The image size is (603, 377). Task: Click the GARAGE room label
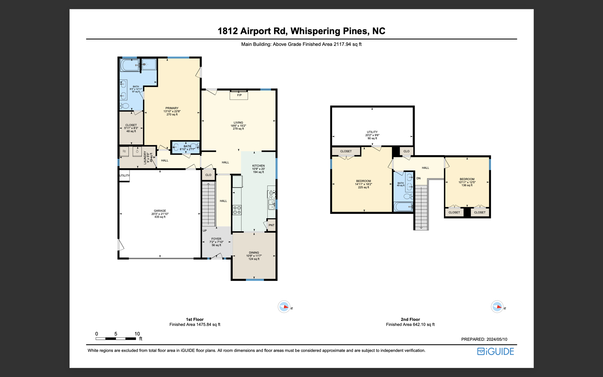click(x=160, y=211)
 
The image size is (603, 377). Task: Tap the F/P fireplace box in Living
click(x=239, y=95)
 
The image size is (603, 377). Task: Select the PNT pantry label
click(x=271, y=225)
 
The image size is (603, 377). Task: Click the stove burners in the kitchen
click(x=237, y=210)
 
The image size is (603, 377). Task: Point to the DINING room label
click(x=254, y=253)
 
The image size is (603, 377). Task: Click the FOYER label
click(x=216, y=239)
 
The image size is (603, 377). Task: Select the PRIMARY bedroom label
click(x=172, y=108)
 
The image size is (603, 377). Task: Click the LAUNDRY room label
click(x=145, y=158)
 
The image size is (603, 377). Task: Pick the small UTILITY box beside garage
click(x=124, y=176)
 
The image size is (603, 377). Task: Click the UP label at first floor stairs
click(x=205, y=231)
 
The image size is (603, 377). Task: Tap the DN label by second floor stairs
click(x=418, y=178)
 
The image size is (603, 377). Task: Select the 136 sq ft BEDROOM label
click(x=467, y=179)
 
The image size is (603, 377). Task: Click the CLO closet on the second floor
click(x=406, y=151)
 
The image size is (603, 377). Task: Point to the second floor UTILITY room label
click(x=372, y=132)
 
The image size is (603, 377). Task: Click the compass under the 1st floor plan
click(x=284, y=307)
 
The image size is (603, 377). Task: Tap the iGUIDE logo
click(x=496, y=351)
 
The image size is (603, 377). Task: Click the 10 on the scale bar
click(x=137, y=334)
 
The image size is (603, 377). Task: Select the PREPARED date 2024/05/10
click(x=497, y=339)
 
